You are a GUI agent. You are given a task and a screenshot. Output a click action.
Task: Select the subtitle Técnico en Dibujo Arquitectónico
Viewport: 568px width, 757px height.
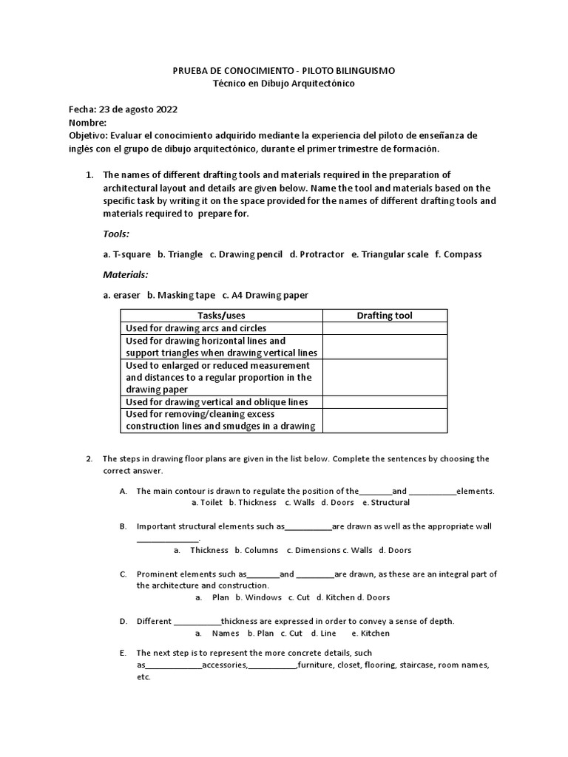[283, 84]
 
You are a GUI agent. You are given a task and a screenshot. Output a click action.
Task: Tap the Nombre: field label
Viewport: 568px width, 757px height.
[87, 123]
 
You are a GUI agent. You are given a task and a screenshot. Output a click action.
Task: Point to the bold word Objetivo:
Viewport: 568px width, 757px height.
[89, 136]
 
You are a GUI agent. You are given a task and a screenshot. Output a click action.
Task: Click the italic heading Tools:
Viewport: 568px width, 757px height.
[116, 234]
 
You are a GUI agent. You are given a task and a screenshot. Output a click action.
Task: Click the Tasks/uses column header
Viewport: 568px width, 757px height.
[221, 316]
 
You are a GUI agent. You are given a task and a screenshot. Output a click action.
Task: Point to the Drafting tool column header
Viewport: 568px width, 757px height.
[385, 316]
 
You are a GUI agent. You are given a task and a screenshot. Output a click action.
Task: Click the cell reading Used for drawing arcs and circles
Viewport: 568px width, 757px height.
[196, 328]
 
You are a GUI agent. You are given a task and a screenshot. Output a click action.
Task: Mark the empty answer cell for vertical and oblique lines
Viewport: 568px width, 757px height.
[385, 402]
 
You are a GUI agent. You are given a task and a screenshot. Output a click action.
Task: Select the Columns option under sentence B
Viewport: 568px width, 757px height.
[260, 550]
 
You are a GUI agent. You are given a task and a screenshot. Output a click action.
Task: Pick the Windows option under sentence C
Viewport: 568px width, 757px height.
[263, 597]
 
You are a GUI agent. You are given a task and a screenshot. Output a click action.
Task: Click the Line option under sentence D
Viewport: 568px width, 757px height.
[328, 634]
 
